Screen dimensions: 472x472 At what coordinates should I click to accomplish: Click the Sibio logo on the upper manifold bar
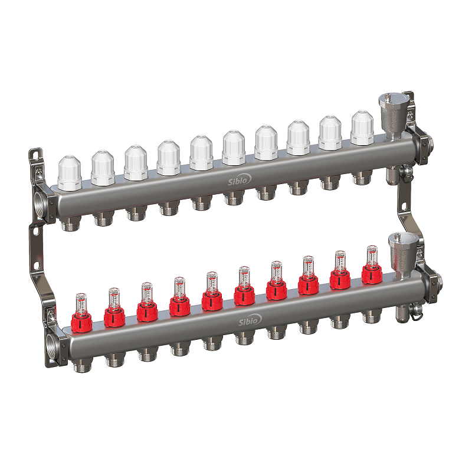(240, 180)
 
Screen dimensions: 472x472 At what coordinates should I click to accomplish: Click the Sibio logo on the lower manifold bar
(250, 320)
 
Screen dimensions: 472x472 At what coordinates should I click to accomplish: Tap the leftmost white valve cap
(70, 173)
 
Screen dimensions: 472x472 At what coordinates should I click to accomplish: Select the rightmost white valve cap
(362, 127)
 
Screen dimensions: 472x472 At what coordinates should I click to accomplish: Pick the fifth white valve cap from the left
(201, 153)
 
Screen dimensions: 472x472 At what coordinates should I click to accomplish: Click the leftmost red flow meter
(81, 313)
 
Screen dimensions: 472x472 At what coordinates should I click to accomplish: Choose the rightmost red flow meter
(372, 265)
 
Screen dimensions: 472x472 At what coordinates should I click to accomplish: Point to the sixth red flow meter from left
(244, 286)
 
